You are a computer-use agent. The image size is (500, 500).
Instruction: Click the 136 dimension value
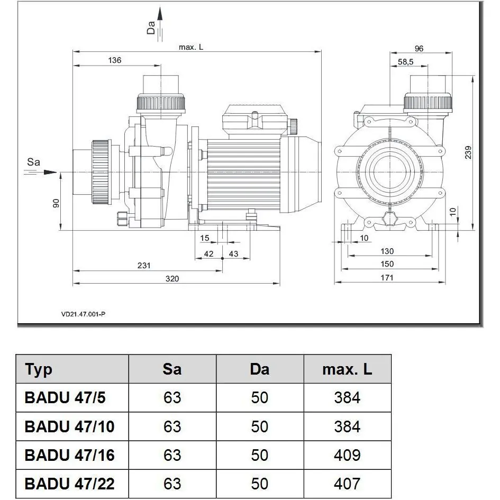point(114,60)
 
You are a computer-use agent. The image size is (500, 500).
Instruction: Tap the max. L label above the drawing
point(190,47)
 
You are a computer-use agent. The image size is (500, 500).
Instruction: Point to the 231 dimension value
point(144,266)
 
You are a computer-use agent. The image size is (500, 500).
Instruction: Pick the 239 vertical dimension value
point(468,152)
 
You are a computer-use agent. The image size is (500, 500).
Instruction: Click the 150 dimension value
point(387,264)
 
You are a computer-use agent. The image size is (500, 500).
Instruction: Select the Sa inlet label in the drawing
point(33,162)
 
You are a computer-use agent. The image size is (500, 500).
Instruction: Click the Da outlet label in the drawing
point(151,28)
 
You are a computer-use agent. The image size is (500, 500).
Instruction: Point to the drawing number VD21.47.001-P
point(83,314)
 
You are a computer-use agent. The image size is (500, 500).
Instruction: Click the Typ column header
point(39,369)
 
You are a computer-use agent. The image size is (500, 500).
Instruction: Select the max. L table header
point(347,369)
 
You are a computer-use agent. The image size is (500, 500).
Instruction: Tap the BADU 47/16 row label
point(69,455)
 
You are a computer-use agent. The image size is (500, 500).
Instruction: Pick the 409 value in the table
point(347,455)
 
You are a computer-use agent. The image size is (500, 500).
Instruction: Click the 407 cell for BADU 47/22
point(347,483)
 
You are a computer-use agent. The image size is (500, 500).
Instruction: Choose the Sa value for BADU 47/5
point(172,397)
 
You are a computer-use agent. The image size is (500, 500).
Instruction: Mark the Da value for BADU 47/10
point(260,426)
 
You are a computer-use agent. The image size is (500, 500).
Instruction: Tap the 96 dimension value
point(419,49)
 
